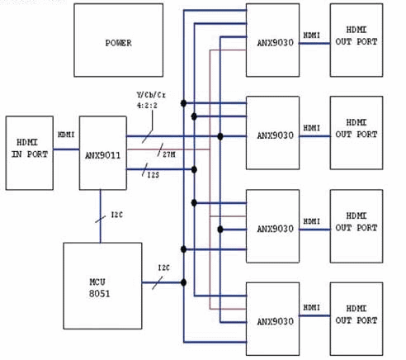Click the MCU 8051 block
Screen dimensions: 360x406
[x=101, y=283]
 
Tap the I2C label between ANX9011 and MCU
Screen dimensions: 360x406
[x=117, y=217]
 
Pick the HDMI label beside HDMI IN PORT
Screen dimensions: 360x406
[x=66, y=135]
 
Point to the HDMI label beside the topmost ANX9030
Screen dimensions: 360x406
[x=313, y=35]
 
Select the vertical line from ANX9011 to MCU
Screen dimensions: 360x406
[x=101, y=216]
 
